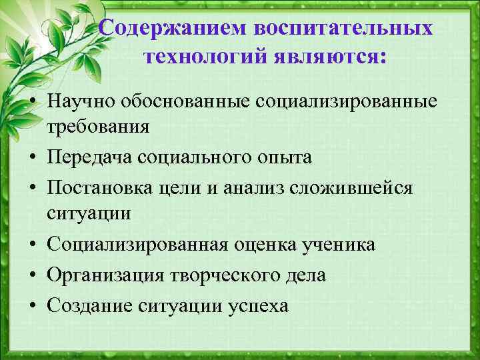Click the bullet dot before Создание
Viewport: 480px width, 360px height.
[31, 307]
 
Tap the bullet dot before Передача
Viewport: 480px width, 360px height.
[31, 158]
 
